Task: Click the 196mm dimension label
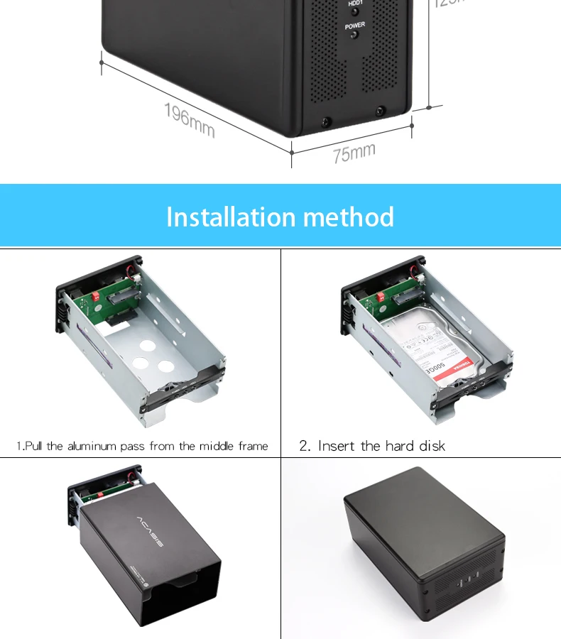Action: pos(189,120)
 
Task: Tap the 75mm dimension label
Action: pos(354,152)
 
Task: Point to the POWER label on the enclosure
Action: pos(355,26)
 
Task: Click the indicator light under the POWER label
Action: pos(355,35)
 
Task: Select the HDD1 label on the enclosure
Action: pos(355,4)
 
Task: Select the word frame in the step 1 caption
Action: pos(252,446)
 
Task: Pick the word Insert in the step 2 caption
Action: pos(337,446)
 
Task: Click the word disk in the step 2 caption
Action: pos(430,446)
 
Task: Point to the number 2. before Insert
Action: pos(305,446)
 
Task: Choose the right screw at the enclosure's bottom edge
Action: pos(380,111)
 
